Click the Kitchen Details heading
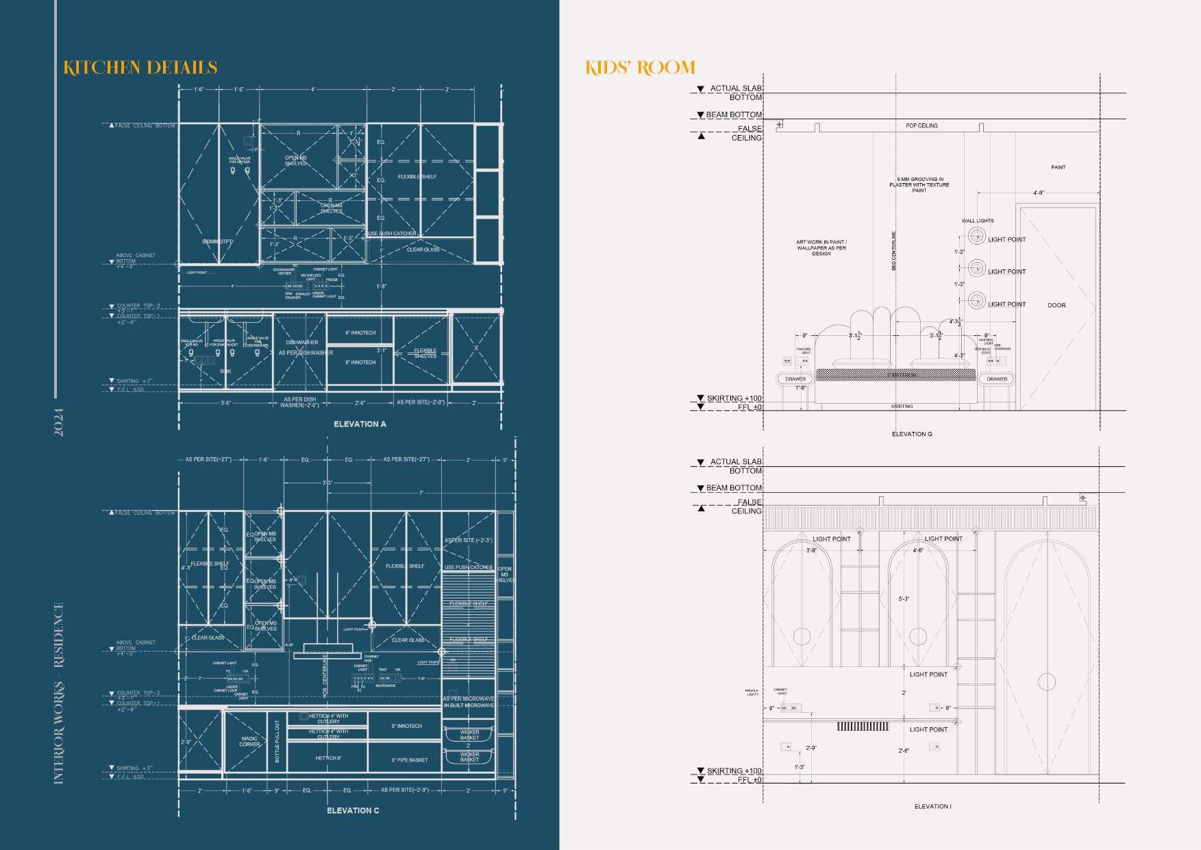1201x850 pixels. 140,67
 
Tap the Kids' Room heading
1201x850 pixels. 640,67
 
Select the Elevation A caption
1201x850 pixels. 360,424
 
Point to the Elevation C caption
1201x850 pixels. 353,811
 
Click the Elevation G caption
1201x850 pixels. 912,434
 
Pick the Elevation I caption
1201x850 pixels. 932,807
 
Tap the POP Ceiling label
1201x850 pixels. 921,125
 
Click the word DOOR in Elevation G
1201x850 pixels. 1056,306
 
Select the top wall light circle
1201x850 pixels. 976,236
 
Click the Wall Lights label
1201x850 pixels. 978,221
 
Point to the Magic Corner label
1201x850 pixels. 249,742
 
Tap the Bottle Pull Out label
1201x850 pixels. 277,742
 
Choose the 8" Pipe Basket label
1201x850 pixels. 409,760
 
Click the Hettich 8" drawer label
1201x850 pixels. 327,758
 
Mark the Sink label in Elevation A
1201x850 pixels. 225,372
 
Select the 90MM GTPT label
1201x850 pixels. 217,242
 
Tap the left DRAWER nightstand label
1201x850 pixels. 795,379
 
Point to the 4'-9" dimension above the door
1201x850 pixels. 1038,193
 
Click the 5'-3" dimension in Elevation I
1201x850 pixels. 904,599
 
